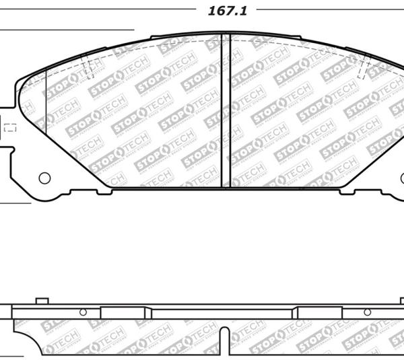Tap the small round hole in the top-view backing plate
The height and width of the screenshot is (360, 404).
(x=44, y=178)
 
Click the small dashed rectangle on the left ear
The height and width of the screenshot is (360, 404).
(x=10, y=127)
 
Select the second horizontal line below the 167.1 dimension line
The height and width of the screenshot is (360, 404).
(x=67, y=30)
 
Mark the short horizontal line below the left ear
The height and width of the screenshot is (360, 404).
(x=15, y=203)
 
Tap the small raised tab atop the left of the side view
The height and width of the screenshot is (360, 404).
(x=42, y=299)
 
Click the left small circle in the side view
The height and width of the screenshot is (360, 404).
(x=83, y=312)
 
